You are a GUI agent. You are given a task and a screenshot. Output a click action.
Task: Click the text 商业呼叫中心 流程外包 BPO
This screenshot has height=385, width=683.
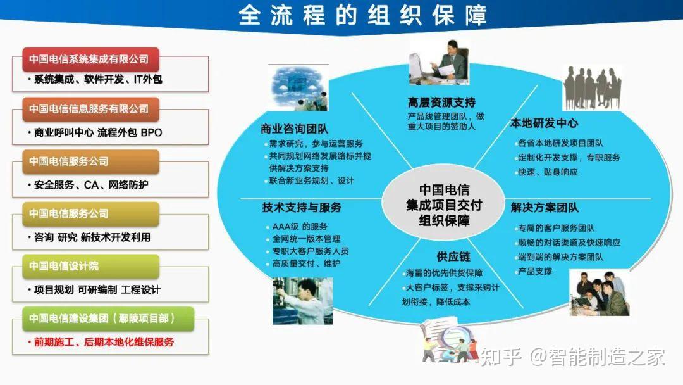point(98,133)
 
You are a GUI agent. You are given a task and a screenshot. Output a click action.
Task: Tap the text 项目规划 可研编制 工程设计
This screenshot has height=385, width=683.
point(97,290)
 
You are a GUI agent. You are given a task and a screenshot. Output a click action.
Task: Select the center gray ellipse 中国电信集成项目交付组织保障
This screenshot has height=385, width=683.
point(443,205)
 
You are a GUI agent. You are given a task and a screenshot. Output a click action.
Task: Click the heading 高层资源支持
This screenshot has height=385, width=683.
point(441,102)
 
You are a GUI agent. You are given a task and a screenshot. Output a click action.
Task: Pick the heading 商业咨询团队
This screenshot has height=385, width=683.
point(295,129)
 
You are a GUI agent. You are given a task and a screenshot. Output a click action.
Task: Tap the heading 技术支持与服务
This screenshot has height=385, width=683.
point(302,208)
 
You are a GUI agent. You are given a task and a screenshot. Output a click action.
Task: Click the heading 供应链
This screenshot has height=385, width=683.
point(453,256)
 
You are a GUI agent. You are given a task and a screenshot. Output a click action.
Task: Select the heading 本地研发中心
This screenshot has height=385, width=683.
point(544,123)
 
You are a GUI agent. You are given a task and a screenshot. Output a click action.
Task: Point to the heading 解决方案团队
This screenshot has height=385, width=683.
point(545,208)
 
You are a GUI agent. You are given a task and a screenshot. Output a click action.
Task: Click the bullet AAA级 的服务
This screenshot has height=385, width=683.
point(300,226)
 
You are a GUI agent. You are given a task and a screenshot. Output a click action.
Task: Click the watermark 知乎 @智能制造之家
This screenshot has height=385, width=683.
point(572,357)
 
